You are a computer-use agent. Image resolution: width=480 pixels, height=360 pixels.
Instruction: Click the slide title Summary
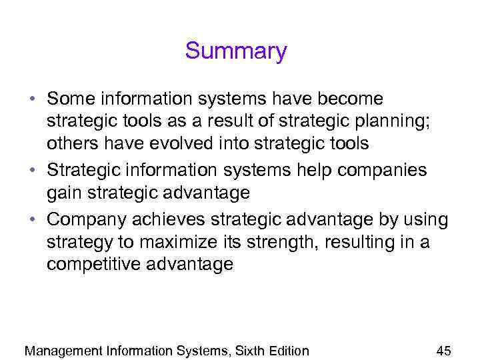tap(236, 51)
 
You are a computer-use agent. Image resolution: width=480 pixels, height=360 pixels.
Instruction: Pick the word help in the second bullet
tap(314, 170)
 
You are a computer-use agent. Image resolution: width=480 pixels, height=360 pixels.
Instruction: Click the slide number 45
tap(443, 351)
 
